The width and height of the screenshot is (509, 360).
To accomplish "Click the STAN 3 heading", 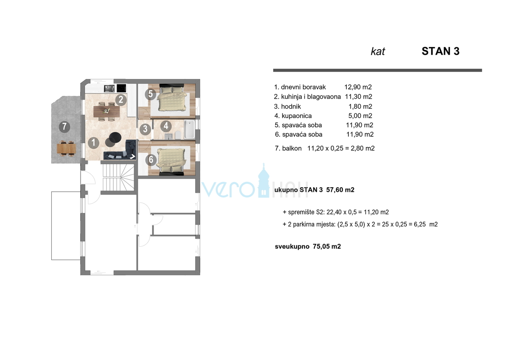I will tap(440, 51).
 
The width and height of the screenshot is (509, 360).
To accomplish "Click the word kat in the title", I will tap(378, 52).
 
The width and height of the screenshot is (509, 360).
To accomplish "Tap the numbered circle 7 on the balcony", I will tap(64, 127).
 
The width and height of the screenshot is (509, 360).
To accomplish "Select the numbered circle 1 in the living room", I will tap(93, 143).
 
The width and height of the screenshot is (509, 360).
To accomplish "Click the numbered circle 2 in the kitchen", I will tap(121, 100).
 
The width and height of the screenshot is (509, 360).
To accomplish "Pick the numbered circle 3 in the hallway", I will tap(145, 128).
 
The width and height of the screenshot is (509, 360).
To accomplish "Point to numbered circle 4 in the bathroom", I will tap(166, 126).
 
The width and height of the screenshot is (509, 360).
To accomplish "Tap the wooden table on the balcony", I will tap(66, 149).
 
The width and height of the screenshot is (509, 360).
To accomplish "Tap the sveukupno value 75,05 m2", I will tap(327, 246).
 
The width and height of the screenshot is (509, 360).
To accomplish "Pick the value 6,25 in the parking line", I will tap(419, 224).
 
